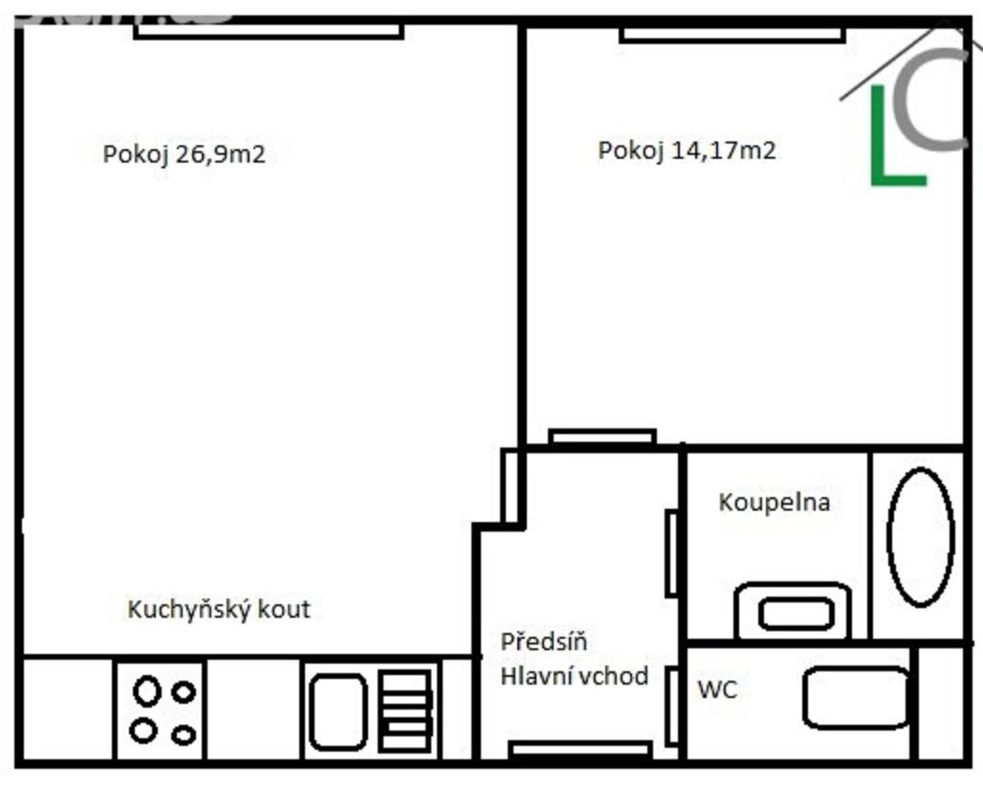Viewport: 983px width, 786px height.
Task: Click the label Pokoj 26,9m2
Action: pos(184,154)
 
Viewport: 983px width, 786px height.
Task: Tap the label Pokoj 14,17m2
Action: pos(687,150)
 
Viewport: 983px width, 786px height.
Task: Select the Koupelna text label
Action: pos(775,502)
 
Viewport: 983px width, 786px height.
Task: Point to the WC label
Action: pos(717,689)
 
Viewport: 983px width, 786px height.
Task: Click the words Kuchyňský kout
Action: pos(219,609)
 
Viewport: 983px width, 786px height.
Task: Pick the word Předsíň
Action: pos(544,642)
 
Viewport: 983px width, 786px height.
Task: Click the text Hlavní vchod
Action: pos(575,676)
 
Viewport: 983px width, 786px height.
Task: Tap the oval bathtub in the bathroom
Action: pos(920,537)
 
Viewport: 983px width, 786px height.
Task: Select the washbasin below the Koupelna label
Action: pos(793,611)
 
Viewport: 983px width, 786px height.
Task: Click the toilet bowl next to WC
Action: pos(857,698)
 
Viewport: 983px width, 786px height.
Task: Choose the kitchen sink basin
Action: pos(338,712)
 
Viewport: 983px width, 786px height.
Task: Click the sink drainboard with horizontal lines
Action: pos(405,710)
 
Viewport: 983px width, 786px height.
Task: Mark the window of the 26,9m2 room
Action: pos(269,31)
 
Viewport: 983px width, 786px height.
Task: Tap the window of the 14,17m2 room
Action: pos(732,34)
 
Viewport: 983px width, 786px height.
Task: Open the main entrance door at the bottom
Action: pos(579,749)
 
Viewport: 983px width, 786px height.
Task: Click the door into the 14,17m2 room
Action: pos(602,436)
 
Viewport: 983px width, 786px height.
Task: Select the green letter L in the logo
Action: pos(897,136)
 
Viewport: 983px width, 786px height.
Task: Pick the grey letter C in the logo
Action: pos(929,99)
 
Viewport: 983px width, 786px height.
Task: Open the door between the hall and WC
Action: pos(672,707)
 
